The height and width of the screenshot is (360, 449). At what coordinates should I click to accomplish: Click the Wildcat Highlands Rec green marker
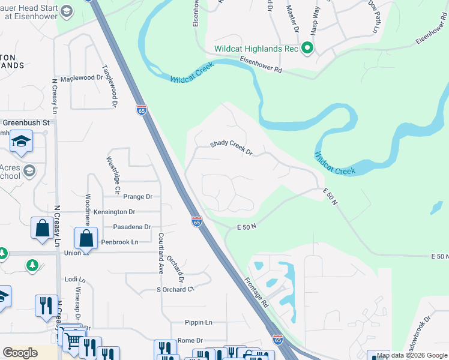click(x=307, y=48)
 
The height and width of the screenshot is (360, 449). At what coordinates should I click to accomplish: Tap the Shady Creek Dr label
click(x=231, y=148)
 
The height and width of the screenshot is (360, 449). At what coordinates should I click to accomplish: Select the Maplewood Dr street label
click(x=82, y=78)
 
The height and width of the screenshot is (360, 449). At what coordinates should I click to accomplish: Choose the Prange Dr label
click(x=137, y=196)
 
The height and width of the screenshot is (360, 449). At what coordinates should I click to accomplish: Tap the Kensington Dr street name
click(x=114, y=212)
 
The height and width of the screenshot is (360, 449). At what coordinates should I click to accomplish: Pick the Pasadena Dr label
click(x=131, y=227)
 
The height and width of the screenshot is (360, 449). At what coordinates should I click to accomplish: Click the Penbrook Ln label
click(x=119, y=242)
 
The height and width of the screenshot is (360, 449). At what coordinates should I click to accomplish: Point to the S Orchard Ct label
click(x=176, y=289)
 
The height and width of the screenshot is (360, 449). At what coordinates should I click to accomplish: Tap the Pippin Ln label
click(x=199, y=322)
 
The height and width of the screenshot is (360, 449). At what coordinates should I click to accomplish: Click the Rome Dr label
click(x=190, y=340)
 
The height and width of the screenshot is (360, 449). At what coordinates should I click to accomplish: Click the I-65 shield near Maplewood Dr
click(x=141, y=110)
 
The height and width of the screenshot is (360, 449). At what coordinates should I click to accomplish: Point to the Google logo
click(x=20, y=353)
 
